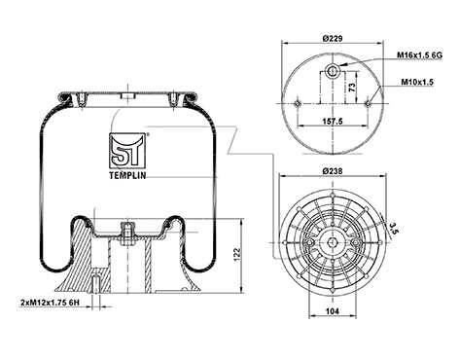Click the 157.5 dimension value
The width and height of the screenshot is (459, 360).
[331, 124]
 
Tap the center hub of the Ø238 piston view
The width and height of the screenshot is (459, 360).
[332, 238]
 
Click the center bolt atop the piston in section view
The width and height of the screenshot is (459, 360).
[124, 231]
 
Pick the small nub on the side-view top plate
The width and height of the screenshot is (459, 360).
[124, 95]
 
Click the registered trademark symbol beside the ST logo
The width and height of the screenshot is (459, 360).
[148, 133]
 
